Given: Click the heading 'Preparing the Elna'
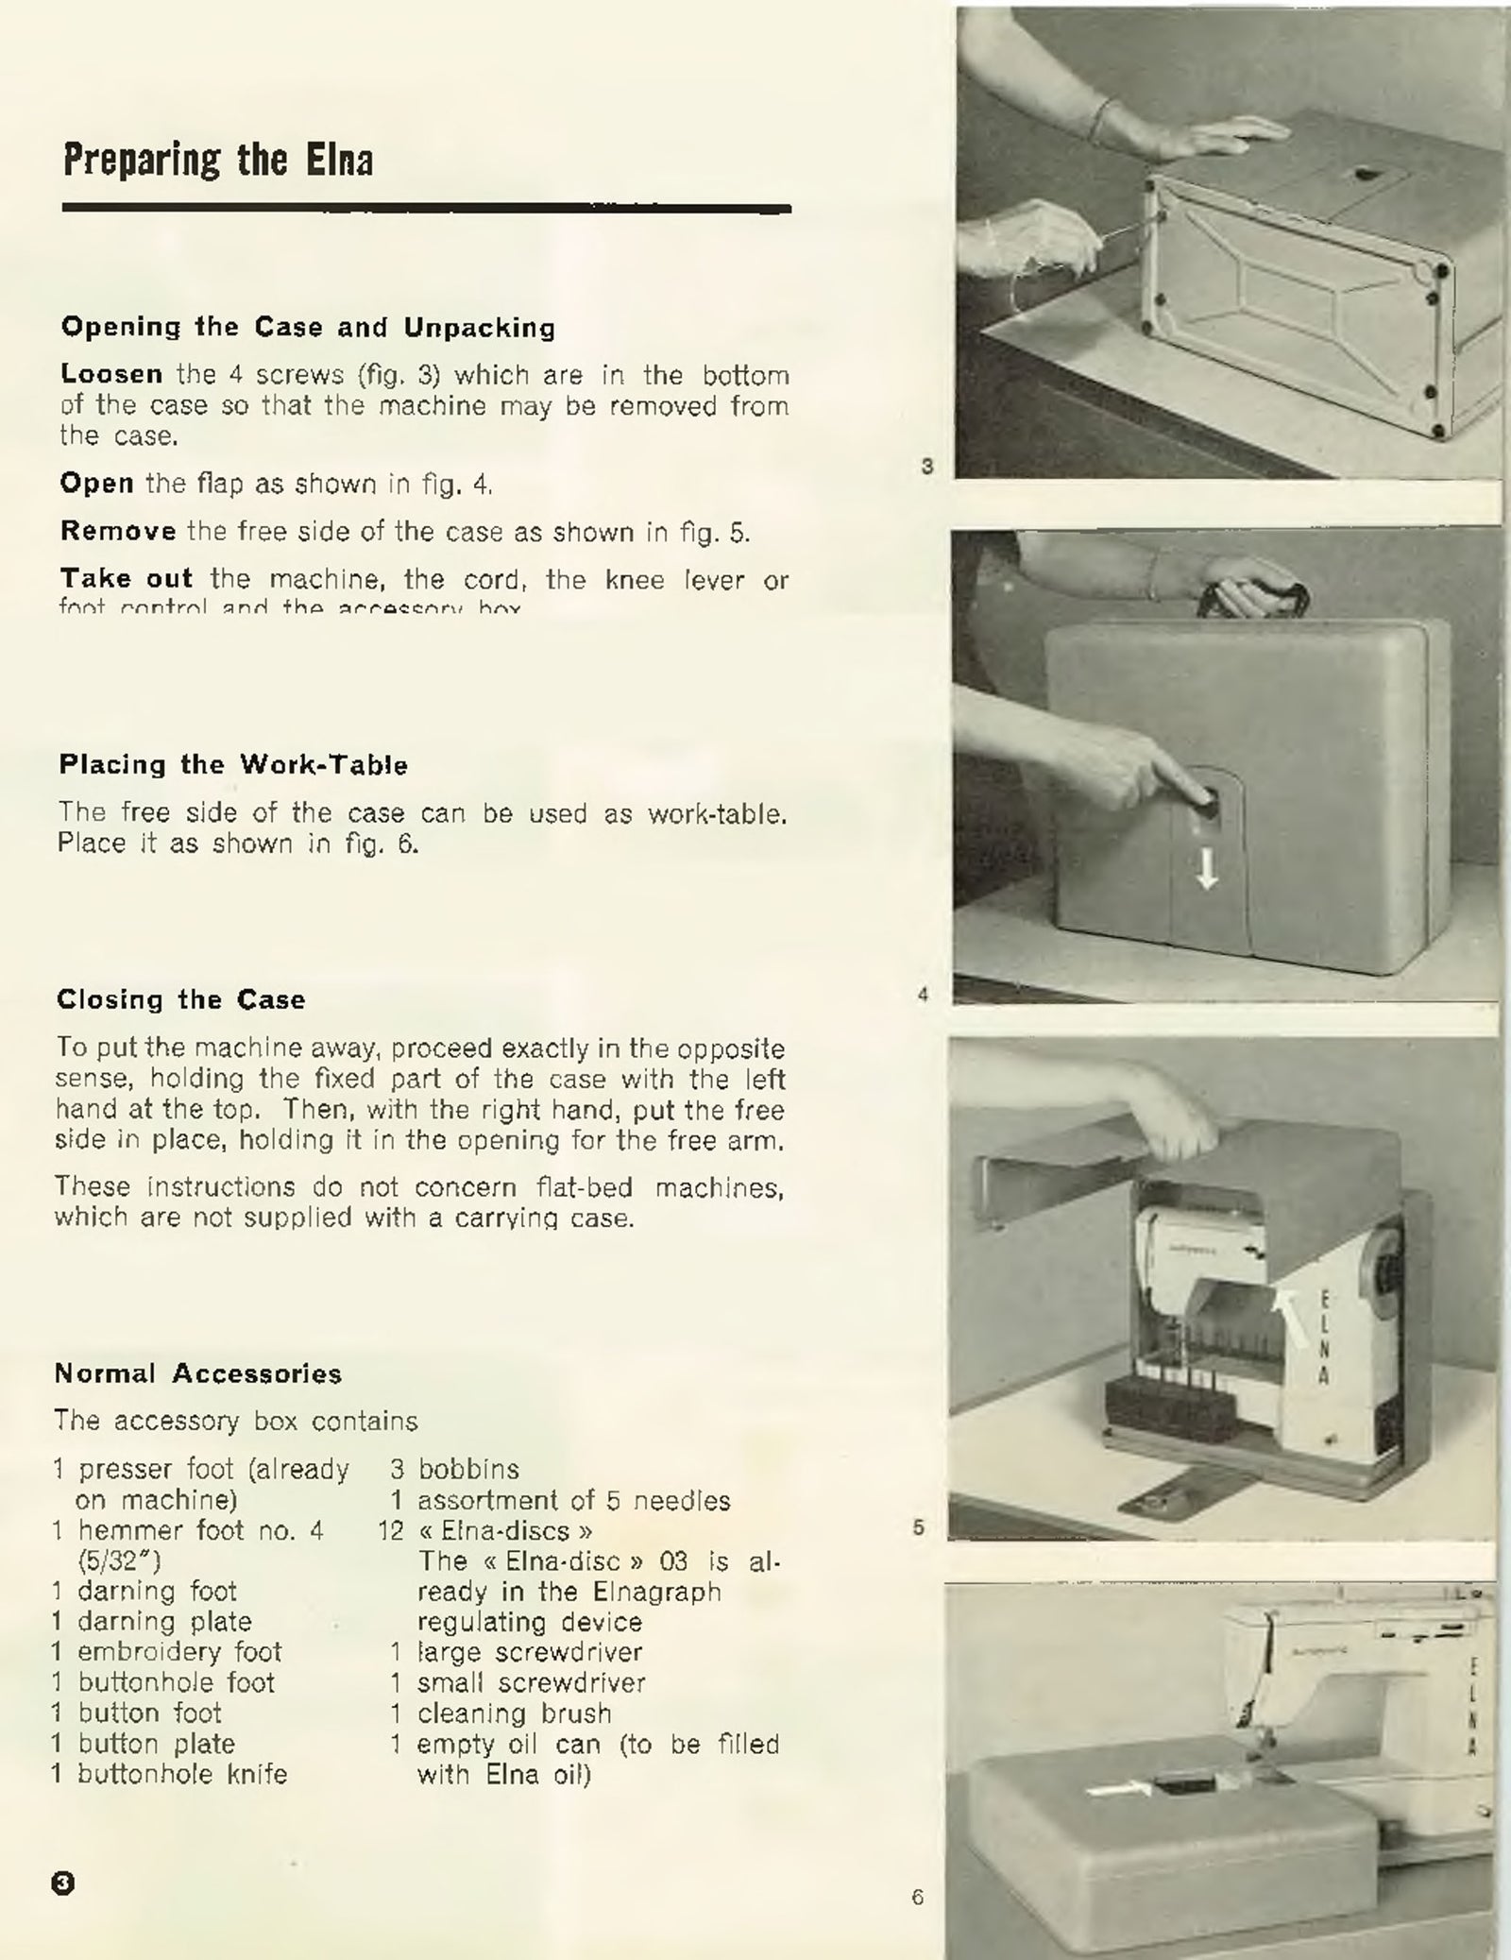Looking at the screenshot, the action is click(218, 160).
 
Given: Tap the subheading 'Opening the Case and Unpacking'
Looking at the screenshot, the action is click(308, 328).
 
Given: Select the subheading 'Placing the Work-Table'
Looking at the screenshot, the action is click(233, 764).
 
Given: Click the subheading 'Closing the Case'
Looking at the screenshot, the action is click(180, 999).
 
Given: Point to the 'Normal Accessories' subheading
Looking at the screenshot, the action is click(198, 1372).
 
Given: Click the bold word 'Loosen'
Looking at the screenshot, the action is click(111, 374).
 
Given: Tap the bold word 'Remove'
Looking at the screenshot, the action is click(118, 531).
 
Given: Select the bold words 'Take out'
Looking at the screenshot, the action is click(127, 578).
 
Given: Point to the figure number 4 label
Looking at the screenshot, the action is click(924, 994).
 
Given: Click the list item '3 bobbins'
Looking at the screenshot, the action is click(456, 1469).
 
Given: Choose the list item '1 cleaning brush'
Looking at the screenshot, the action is click(501, 1713).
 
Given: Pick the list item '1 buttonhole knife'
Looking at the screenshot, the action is click(170, 1773).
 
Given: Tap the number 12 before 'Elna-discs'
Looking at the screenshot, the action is click(390, 1530).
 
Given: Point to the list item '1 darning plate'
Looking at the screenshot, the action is click(152, 1621).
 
